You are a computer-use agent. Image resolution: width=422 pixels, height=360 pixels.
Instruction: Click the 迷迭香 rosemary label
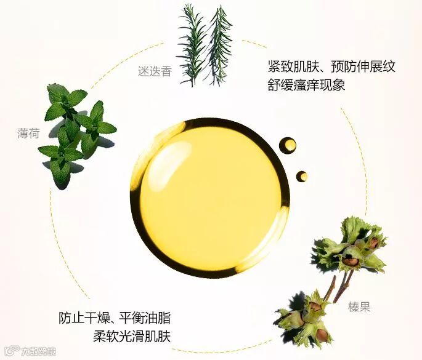(x=155, y=71)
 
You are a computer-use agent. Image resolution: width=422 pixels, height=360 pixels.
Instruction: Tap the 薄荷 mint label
(x=28, y=133)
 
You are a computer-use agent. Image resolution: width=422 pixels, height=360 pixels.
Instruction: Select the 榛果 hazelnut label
(x=359, y=306)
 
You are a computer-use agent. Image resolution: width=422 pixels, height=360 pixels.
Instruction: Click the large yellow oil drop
(x=210, y=198)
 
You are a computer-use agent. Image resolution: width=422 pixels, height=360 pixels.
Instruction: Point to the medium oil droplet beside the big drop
(x=288, y=145)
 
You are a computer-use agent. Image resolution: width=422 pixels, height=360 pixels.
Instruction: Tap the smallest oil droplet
(x=302, y=176)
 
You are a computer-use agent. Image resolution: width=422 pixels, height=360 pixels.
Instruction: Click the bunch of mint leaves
(x=77, y=134)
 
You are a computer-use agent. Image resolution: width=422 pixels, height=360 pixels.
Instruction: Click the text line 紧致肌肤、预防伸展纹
(x=331, y=66)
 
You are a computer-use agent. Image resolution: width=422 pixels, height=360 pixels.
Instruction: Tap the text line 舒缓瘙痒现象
(x=306, y=85)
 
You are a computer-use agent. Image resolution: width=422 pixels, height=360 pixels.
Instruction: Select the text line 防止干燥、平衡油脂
(x=115, y=318)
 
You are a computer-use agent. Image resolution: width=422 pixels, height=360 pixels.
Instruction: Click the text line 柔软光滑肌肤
(x=132, y=337)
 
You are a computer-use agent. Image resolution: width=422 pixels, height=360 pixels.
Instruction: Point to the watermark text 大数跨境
(x=39, y=351)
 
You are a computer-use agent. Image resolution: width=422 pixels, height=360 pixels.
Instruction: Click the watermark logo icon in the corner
(x=14, y=350)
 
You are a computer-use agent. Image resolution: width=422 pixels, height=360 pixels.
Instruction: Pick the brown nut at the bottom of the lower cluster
(x=321, y=335)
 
